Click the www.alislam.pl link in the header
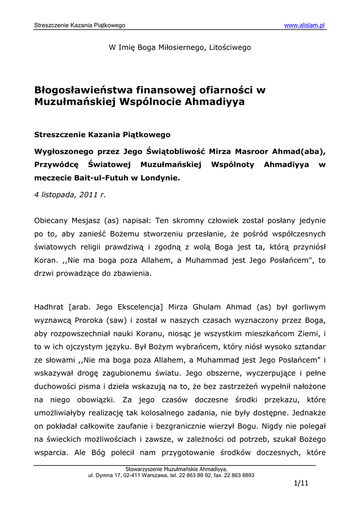pyautogui.click(x=305, y=25)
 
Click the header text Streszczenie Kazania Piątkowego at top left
pyautogui.click(x=80, y=25)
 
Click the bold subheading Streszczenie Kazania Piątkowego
pyautogui.click(x=102, y=134)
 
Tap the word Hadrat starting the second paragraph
pyautogui.click(x=48, y=306)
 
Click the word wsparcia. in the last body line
pyautogui.click(x=51, y=454)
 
